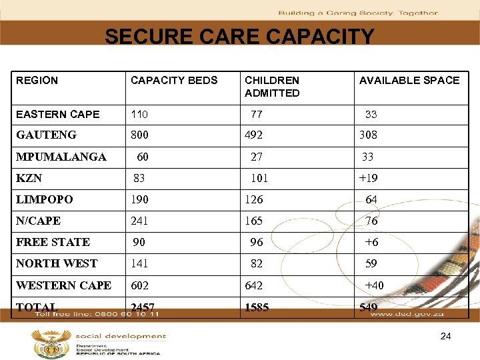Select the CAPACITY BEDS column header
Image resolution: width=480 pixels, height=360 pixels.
[174, 80]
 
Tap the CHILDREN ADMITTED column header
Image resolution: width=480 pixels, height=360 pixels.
[272, 87]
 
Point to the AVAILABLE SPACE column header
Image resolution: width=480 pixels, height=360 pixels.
[409, 80]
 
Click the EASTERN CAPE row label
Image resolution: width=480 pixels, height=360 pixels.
[57, 114]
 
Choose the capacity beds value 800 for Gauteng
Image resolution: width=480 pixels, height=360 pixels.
[140, 135]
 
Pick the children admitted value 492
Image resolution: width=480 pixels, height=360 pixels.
[254, 135]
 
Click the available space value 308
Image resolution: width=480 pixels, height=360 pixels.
[368, 135]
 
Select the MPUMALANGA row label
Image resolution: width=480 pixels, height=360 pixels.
[61, 157]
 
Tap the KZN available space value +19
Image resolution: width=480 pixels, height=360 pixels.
[368, 178]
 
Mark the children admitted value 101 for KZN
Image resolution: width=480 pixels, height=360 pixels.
[259, 178]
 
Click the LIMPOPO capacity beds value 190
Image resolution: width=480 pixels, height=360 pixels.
[140, 199]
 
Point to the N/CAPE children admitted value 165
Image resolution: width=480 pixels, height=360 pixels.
[254, 221]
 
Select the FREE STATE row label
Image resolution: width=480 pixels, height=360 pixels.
[53, 242]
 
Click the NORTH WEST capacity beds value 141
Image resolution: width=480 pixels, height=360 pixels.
[140, 263]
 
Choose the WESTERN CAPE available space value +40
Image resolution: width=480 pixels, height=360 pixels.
[374, 285]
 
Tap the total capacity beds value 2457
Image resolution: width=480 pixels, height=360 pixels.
[143, 307]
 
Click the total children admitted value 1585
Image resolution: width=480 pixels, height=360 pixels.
[257, 307]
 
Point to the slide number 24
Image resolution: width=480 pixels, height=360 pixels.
[446, 337]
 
